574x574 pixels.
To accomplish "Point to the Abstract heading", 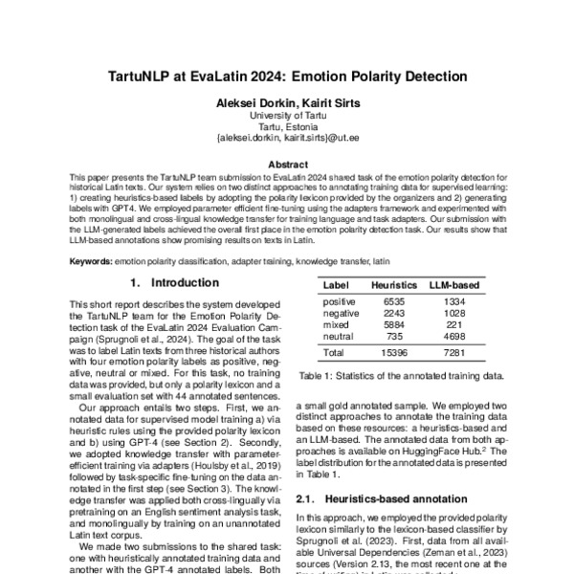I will (x=287, y=164).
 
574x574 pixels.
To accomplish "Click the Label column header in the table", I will (x=336, y=285).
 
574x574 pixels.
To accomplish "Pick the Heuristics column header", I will (x=393, y=285).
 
